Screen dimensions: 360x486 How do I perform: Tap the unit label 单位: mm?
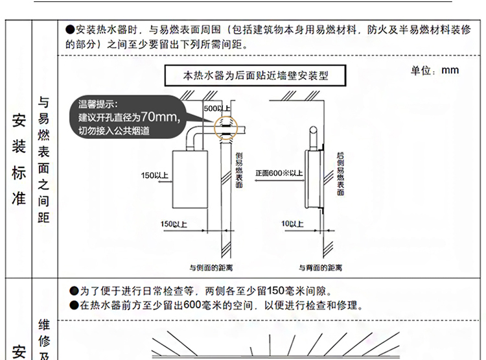click(x=434, y=70)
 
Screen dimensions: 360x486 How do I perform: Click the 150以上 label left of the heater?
click(x=155, y=176)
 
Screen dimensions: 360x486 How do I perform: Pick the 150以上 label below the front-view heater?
click(x=174, y=224)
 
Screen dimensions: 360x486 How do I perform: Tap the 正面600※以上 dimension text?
click(x=279, y=173)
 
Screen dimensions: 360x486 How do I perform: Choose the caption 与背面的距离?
click(x=316, y=267)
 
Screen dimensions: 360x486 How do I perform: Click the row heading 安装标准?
click(x=19, y=159)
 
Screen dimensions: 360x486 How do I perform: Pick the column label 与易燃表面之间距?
click(x=43, y=159)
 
